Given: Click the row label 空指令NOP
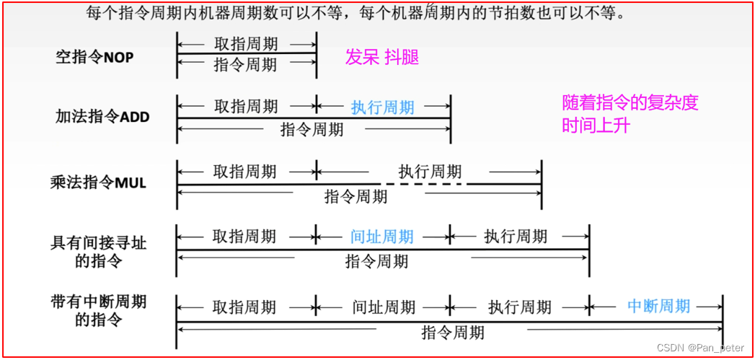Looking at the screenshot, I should pos(94,58).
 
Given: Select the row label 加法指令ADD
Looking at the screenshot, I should pos(102,115).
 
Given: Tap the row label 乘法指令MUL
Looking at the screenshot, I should pos(98,182).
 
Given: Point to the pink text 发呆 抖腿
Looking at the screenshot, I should pos(382,58).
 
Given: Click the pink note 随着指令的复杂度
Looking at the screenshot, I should pos(630,103).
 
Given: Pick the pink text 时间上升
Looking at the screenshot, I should pos(596,126).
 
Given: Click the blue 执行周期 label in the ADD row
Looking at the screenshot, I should pos(383,107).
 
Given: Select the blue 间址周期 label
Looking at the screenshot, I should pos(382,237).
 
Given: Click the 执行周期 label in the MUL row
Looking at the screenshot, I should pos(430,172).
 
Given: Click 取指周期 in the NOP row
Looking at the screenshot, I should pos(245,44).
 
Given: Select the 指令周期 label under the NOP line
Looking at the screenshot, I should pos(245,65).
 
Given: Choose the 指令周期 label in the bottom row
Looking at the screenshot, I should pos(453,333).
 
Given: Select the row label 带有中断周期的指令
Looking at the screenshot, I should pos(99,309).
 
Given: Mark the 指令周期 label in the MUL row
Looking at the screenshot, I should pos(356,196).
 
